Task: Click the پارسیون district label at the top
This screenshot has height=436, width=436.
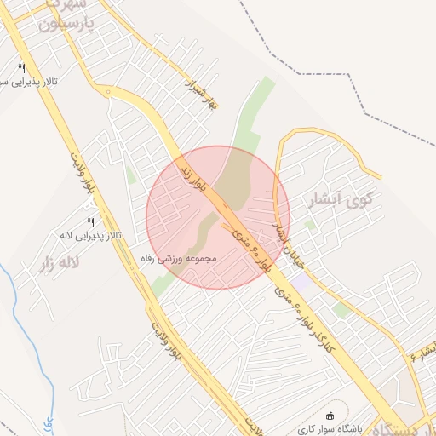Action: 65,26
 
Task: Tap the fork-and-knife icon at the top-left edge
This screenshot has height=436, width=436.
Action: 21,67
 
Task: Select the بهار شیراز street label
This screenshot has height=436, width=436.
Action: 198,87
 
